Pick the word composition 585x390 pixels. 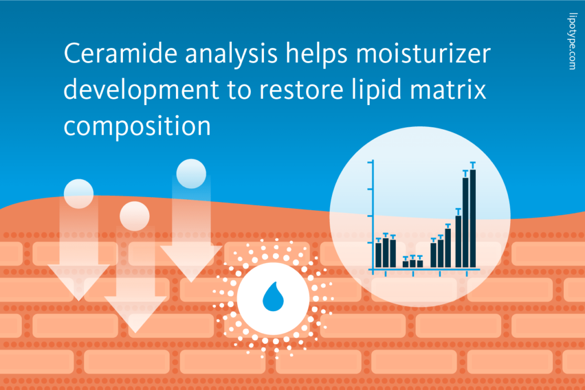click(x=137, y=126)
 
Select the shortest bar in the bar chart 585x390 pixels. click(x=406, y=264)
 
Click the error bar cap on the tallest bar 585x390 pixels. click(x=472, y=163)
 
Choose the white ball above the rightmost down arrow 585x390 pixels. click(x=191, y=174)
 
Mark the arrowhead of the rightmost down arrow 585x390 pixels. click(x=191, y=263)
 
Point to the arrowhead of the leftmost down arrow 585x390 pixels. click(x=79, y=283)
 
